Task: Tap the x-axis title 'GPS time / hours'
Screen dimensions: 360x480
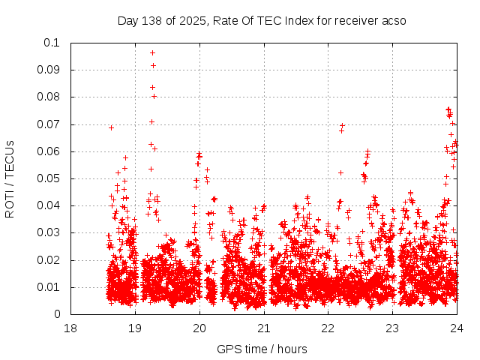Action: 262,349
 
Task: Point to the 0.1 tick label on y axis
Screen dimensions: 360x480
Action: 52,43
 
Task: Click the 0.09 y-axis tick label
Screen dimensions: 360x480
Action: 49,70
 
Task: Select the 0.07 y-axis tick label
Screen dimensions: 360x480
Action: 49,124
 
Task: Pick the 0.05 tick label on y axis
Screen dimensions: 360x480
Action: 49,178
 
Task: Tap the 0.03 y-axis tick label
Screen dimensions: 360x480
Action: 49,233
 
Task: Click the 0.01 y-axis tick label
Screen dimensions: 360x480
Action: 49,287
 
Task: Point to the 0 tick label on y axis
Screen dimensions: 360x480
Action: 58,314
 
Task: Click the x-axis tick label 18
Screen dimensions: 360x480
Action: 70,328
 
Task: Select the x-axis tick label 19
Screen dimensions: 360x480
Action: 135,328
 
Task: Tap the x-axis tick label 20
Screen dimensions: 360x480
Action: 199,328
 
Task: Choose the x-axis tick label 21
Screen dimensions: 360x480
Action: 264,328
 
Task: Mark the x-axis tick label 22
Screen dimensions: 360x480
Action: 328,328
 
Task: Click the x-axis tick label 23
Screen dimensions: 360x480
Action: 393,328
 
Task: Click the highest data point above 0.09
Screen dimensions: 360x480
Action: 152,52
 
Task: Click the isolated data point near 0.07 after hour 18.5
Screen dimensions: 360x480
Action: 111,127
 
